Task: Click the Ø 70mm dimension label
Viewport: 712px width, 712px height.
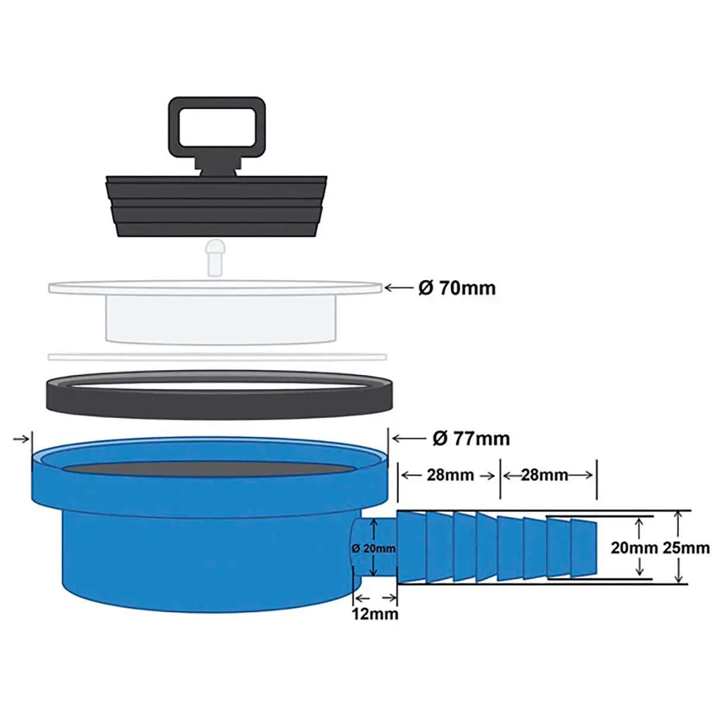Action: click(x=457, y=288)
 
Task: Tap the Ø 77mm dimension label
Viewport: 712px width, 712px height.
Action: click(x=471, y=438)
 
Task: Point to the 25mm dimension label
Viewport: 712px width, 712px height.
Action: click(x=686, y=548)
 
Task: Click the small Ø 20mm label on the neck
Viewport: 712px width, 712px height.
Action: click(x=374, y=549)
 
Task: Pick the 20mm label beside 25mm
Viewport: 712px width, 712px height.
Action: click(x=634, y=548)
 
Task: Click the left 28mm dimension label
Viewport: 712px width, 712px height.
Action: click(x=450, y=475)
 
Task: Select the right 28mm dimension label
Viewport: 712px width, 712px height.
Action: click(x=544, y=475)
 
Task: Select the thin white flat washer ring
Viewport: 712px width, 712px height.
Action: click(x=217, y=357)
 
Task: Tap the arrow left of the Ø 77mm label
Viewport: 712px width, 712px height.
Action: click(x=409, y=438)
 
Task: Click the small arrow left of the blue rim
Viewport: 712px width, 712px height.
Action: click(x=21, y=439)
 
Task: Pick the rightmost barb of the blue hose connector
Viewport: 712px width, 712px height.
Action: click(x=583, y=548)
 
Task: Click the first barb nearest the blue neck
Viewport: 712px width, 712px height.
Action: click(x=411, y=547)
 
